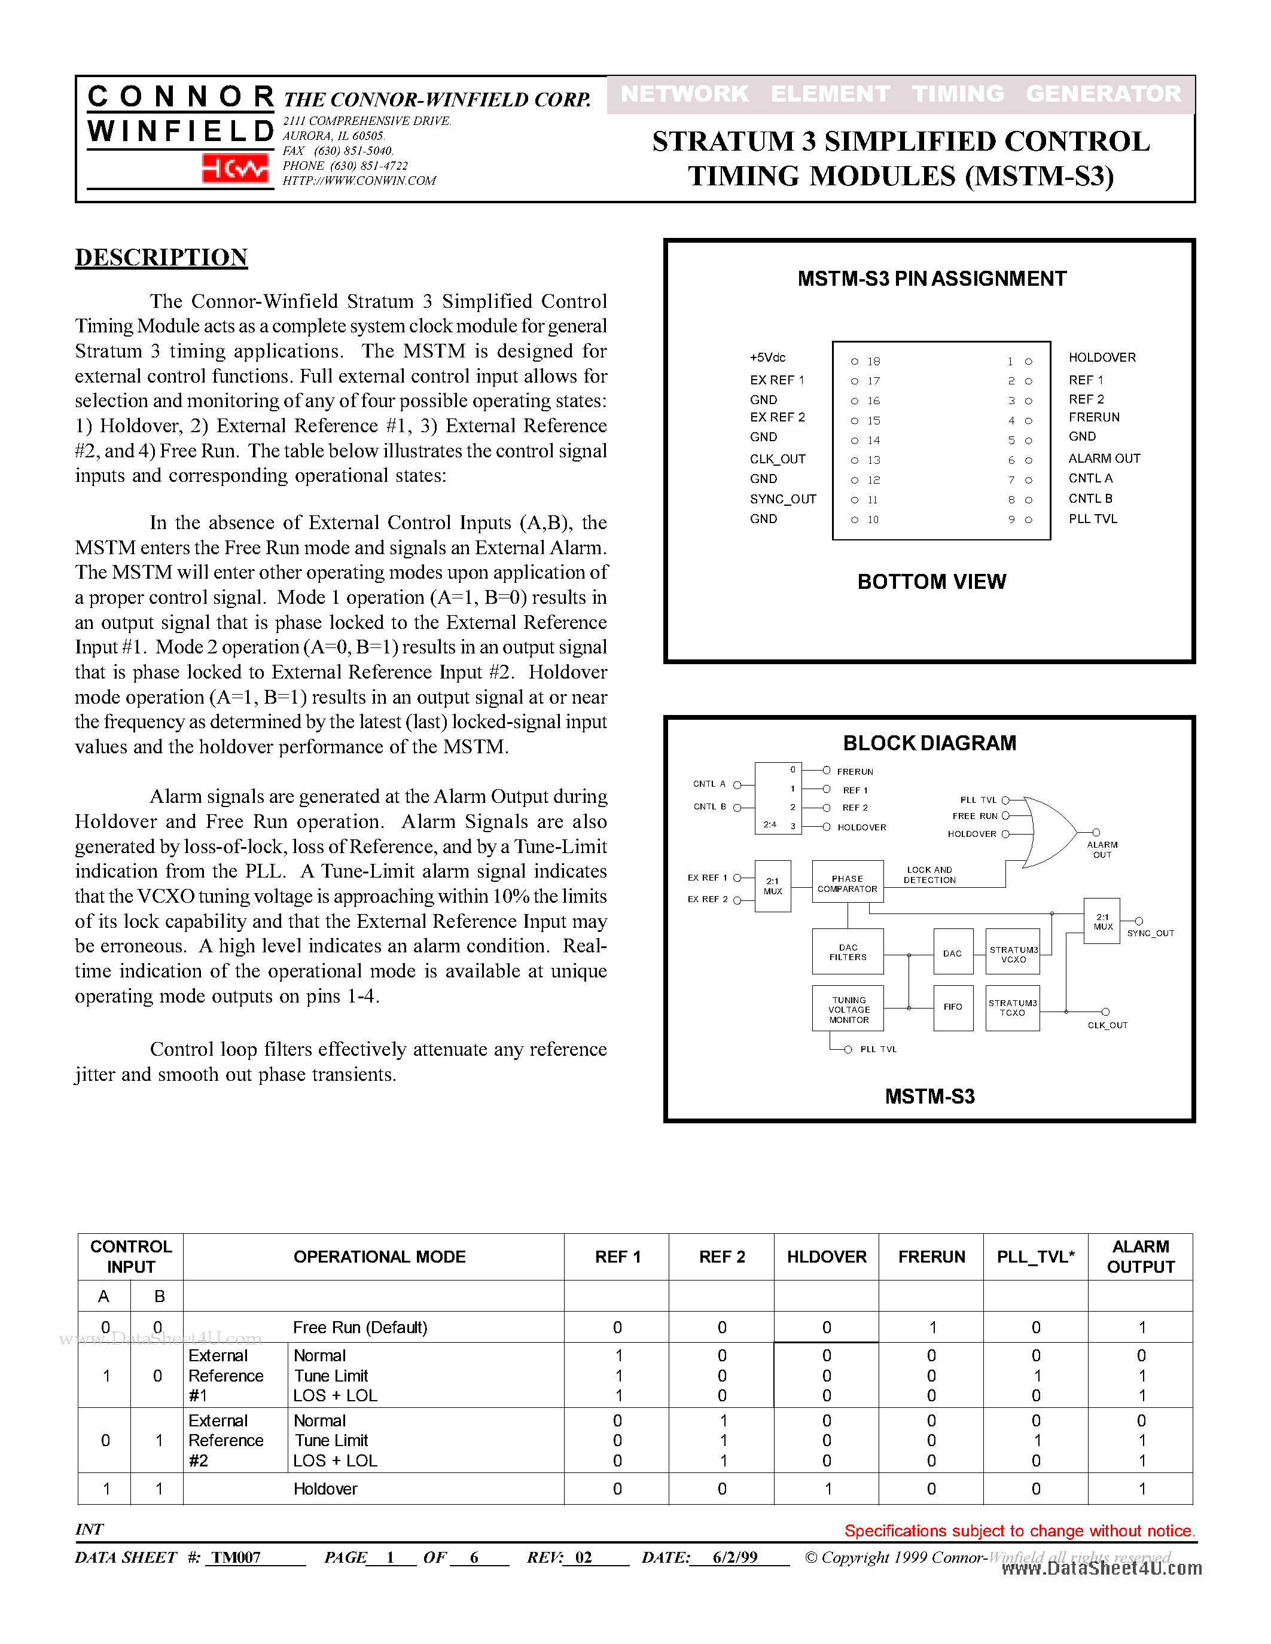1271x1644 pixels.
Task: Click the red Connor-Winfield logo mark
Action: click(235, 168)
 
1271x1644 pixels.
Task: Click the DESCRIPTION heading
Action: click(161, 258)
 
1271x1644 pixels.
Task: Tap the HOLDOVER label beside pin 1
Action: click(1102, 357)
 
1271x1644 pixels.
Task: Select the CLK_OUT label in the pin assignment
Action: click(777, 459)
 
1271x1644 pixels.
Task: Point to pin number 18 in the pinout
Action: click(873, 361)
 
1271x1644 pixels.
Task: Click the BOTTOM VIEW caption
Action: click(931, 581)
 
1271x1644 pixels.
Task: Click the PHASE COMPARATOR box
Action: click(847, 882)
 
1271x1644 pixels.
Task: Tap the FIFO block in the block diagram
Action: click(952, 1007)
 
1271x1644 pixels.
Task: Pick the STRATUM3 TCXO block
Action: click(1012, 1007)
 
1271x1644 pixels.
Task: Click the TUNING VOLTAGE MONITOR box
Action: click(848, 1009)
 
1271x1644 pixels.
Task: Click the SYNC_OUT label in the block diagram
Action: click(1150, 933)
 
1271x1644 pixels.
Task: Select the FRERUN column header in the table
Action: click(931, 1257)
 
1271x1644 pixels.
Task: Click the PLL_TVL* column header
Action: click(1035, 1257)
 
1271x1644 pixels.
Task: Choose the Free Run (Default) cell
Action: click(360, 1327)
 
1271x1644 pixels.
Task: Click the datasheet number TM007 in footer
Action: click(236, 1557)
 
